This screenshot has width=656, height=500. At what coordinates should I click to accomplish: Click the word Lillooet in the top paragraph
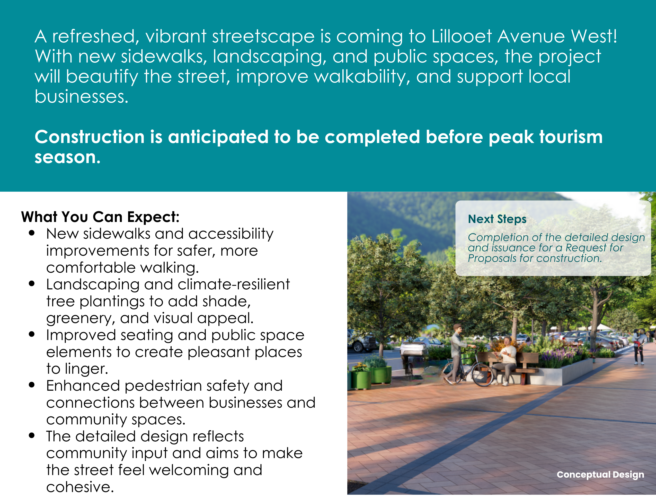[x=461, y=36]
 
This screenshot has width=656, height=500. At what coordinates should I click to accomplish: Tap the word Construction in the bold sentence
[x=90, y=137]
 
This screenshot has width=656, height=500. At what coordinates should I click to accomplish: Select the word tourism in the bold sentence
[x=571, y=137]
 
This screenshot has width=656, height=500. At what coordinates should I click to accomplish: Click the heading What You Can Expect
[x=100, y=217]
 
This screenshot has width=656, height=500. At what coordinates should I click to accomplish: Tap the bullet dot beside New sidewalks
[x=32, y=233]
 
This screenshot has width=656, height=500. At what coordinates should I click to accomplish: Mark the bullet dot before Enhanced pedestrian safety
[x=32, y=385]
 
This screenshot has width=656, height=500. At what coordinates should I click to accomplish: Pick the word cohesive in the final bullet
[x=80, y=487]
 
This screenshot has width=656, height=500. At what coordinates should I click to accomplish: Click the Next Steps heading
[x=497, y=219]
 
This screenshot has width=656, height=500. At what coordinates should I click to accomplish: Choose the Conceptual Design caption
[x=600, y=474]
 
